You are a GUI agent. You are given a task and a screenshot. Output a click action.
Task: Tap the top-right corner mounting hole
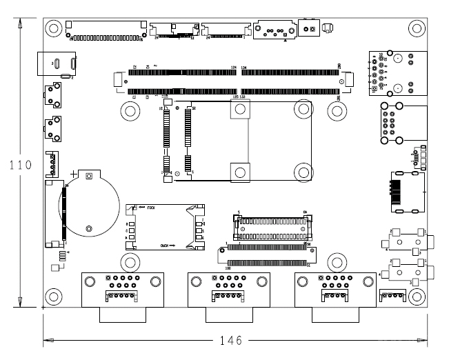(x=415, y=28)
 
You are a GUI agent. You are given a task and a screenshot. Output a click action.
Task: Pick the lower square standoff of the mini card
(x=238, y=171)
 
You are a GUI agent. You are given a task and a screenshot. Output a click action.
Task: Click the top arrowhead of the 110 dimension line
(x=20, y=23)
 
